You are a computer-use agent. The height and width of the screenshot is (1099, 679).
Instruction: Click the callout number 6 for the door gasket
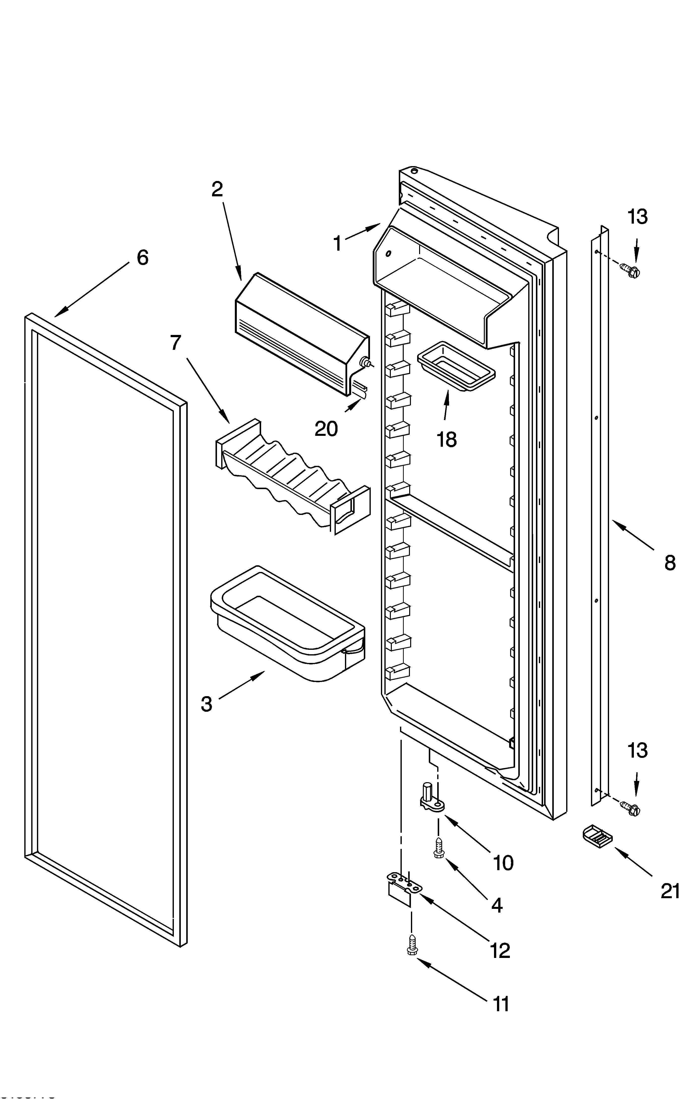click(142, 258)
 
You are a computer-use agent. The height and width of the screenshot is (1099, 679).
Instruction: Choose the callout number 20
click(326, 429)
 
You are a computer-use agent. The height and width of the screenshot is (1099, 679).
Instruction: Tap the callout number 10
click(503, 863)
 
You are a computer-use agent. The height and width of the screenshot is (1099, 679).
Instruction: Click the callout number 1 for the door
click(337, 244)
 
